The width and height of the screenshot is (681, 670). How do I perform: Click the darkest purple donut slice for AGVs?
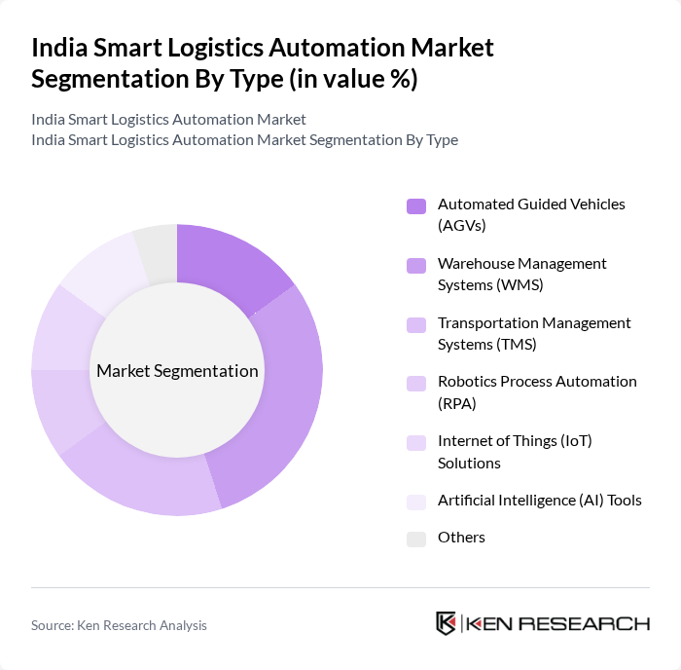tap(229, 261)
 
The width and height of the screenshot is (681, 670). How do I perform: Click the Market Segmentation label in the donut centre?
tap(177, 371)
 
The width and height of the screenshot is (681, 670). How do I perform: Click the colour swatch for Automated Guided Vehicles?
tap(416, 205)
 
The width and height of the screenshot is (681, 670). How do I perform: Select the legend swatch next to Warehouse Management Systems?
tap(416, 265)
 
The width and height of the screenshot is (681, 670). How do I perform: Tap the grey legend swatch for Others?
tap(416, 539)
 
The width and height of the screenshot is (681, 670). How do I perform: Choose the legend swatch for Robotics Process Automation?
tap(416, 383)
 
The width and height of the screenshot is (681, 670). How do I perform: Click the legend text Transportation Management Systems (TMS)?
tap(534, 333)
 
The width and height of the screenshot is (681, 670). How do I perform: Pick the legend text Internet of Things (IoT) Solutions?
tap(515, 452)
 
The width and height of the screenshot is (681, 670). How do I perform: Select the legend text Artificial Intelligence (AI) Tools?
tap(539, 501)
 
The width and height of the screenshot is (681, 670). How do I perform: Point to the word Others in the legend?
tap(461, 538)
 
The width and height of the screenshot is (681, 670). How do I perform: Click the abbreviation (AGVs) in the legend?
tap(461, 225)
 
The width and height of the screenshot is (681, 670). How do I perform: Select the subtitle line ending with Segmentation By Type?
tap(244, 139)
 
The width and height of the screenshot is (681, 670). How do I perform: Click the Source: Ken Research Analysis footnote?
tap(119, 625)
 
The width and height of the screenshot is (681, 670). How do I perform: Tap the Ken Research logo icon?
tap(447, 623)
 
